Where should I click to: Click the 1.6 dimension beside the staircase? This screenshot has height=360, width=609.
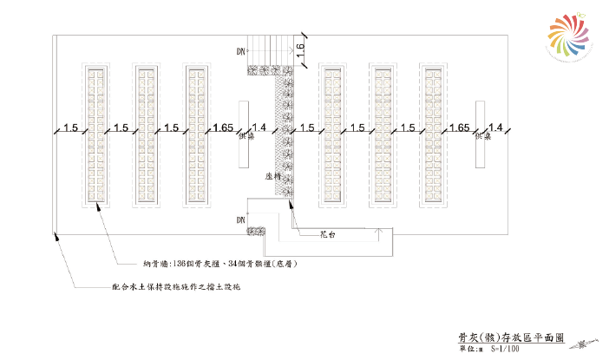tap(299, 52)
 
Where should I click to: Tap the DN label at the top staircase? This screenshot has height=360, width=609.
tap(240, 52)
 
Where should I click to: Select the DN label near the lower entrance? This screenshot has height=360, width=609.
tap(240, 221)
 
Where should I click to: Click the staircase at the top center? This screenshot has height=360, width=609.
tap(269, 49)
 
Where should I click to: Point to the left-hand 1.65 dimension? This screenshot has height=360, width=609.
tap(222, 128)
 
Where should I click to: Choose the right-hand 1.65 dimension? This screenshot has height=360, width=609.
tap(460, 128)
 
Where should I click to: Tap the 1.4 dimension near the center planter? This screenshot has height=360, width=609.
tap(259, 128)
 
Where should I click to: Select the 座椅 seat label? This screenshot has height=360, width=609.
tap(272, 176)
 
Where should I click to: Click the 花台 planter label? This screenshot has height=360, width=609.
tap(326, 234)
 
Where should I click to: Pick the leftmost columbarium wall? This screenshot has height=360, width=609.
tap(95, 134)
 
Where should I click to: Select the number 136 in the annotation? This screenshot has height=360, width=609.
tap(180, 264)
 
